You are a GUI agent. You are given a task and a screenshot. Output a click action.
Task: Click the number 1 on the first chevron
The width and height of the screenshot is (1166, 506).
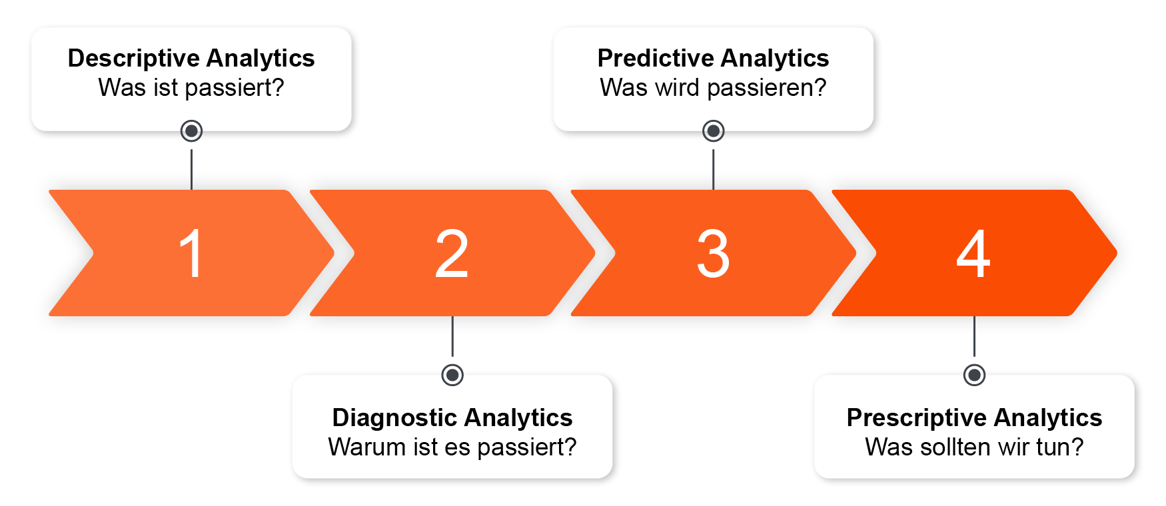pyautogui.click(x=191, y=254)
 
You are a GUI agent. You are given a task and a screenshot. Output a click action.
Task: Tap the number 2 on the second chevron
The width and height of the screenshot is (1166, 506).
pyautogui.click(x=452, y=254)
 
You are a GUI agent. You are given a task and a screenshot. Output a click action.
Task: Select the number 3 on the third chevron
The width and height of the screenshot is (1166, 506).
pyautogui.click(x=713, y=254)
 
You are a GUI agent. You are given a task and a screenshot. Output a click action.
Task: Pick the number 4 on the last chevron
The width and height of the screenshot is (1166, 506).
pyautogui.click(x=973, y=254)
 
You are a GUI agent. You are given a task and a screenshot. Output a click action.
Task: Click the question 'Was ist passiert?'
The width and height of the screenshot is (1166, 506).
pyautogui.click(x=191, y=88)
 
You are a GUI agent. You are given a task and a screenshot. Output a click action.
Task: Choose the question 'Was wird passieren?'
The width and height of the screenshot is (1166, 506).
pyautogui.click(x=713, y=88)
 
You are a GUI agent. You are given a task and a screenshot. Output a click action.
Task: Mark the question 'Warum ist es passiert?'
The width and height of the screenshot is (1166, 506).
pyautogui.click(x=452, y=447)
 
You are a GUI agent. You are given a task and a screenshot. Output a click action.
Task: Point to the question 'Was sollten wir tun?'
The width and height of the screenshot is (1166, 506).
pyautogui.click(x=974, y=447)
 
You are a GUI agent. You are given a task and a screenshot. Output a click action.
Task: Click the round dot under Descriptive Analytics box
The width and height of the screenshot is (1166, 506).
pyautogui.click(x=191, y=130)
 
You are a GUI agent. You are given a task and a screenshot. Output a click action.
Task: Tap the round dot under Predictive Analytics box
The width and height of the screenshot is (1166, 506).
pyautogui.click(x=713, y=130)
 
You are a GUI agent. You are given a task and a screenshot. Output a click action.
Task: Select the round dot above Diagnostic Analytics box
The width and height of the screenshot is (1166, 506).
pyautogui.click(x=452, y=375)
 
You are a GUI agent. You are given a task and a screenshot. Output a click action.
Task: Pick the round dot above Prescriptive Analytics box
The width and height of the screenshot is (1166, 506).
pyautogui.click(x=974, y=375)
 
